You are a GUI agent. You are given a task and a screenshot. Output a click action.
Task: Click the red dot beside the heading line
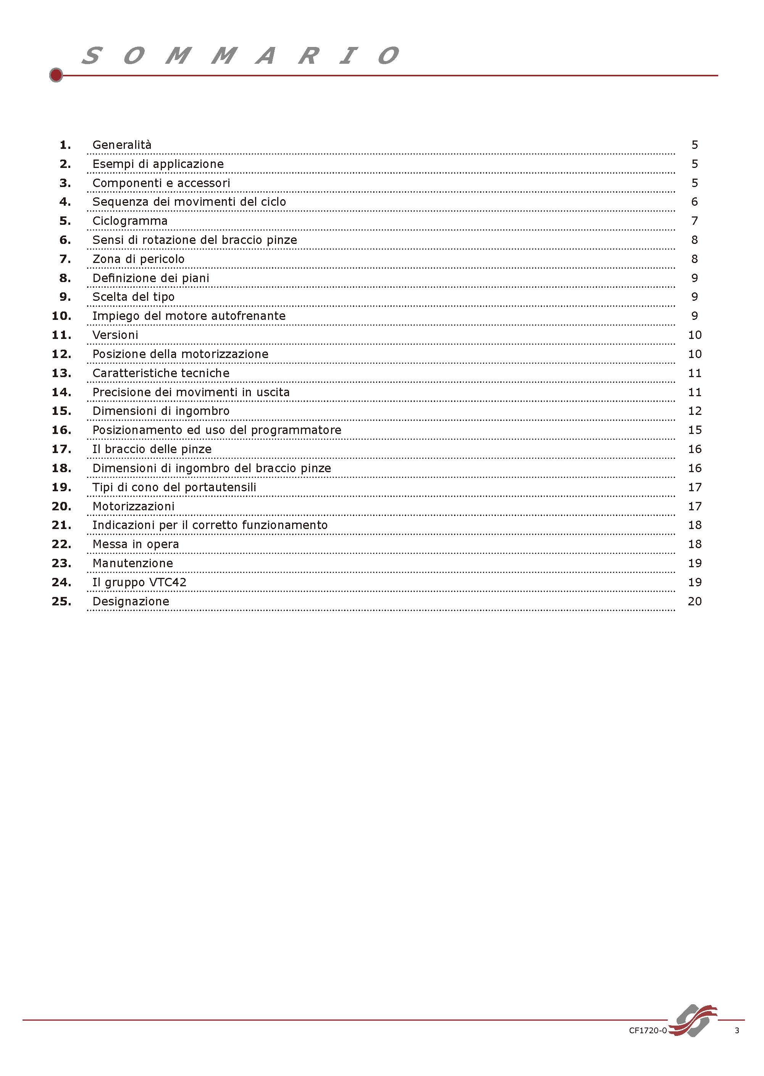(56, 75)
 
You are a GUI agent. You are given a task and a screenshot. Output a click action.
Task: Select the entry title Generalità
(122, 145)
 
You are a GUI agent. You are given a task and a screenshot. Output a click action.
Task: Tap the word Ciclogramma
(130, 221)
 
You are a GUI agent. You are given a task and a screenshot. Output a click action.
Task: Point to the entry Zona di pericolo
(138, 259)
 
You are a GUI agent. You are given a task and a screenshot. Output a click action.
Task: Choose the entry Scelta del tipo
(133, 297)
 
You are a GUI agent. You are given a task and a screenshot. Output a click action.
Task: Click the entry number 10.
(61, 316)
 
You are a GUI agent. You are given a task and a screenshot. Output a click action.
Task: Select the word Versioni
(115, 335)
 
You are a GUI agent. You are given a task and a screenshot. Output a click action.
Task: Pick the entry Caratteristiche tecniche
(161, 373)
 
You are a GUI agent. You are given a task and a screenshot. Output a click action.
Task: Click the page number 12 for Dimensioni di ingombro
(695, 411)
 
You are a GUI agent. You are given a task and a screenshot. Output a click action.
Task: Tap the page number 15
(695, 430)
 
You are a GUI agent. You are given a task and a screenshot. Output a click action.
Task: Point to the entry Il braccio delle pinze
(152, 449)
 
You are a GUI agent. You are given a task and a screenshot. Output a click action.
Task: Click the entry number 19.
(61, 487)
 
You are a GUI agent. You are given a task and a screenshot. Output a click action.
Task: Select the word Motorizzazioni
(133, 507)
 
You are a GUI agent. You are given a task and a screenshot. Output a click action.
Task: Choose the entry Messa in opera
(136, 544)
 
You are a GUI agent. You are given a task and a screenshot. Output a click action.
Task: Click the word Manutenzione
(132, 563)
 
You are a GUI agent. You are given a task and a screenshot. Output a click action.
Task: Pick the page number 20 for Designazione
(695, 602)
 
